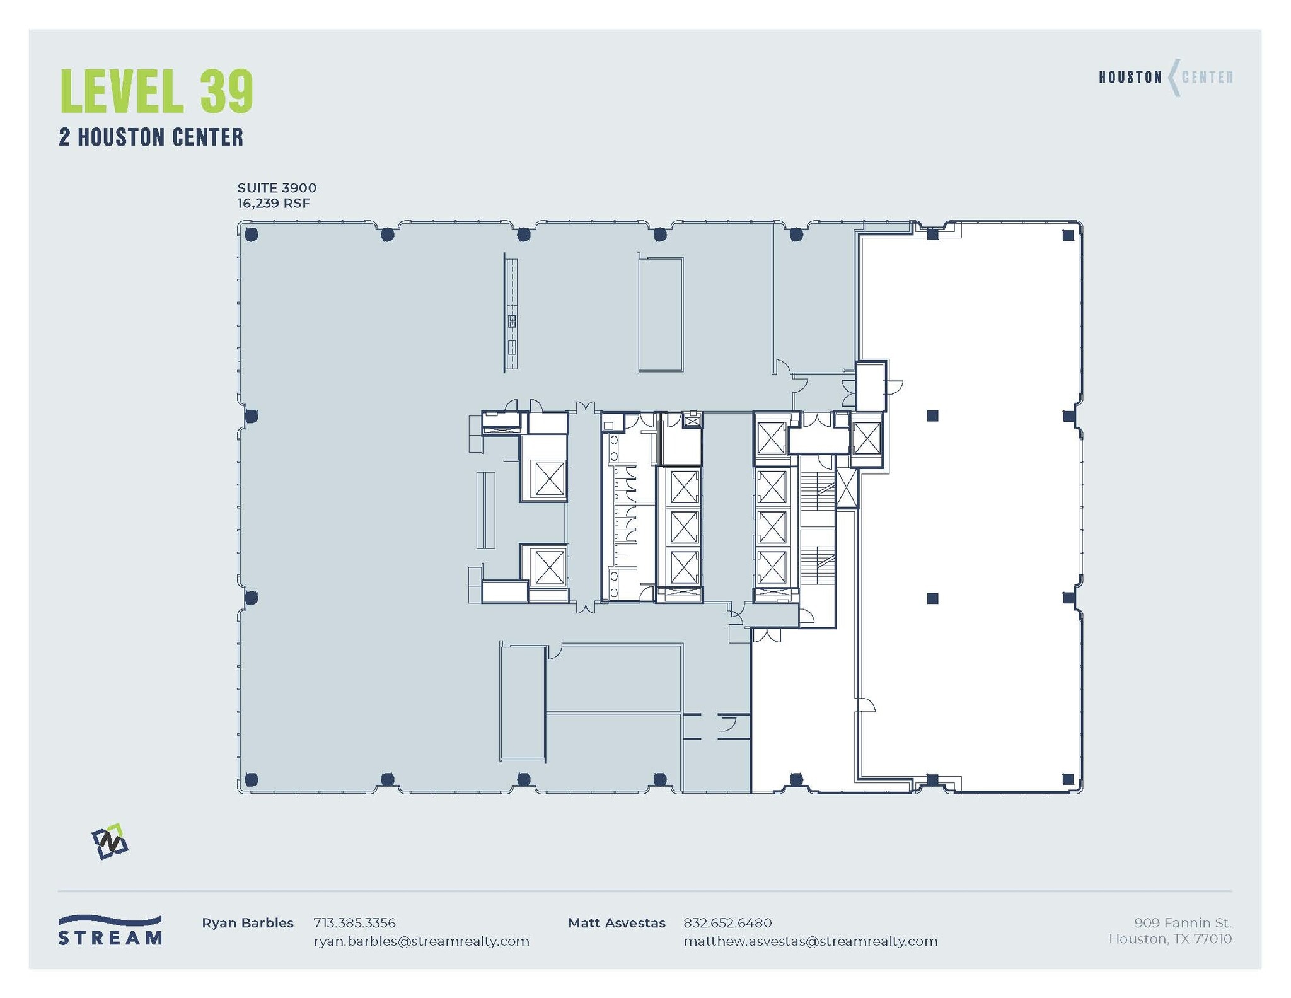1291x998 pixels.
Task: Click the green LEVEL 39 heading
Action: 156,92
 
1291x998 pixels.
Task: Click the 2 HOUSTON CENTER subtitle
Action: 151,137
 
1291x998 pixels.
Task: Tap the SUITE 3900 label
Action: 277,188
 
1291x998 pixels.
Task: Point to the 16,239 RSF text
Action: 274,203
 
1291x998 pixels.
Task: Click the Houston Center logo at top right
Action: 1166,78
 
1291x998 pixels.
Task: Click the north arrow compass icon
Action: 110,841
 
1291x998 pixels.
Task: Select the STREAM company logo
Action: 110,931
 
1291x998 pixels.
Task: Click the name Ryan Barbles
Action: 247,923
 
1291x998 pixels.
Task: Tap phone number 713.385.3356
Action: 354,923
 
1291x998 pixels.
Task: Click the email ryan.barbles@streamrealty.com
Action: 421,941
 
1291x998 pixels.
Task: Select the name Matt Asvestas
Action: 617,923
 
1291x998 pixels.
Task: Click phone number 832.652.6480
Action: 727,923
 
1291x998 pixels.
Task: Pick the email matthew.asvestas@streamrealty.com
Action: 811,941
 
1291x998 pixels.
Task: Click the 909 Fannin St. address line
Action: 1183,923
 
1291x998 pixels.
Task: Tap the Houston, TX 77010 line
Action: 1170,939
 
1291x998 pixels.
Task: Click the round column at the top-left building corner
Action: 251,235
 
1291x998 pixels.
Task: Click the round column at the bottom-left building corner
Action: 251,779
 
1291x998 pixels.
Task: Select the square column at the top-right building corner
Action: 1068,235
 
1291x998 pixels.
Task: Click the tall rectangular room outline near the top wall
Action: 660,314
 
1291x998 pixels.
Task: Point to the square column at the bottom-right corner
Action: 1068,779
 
